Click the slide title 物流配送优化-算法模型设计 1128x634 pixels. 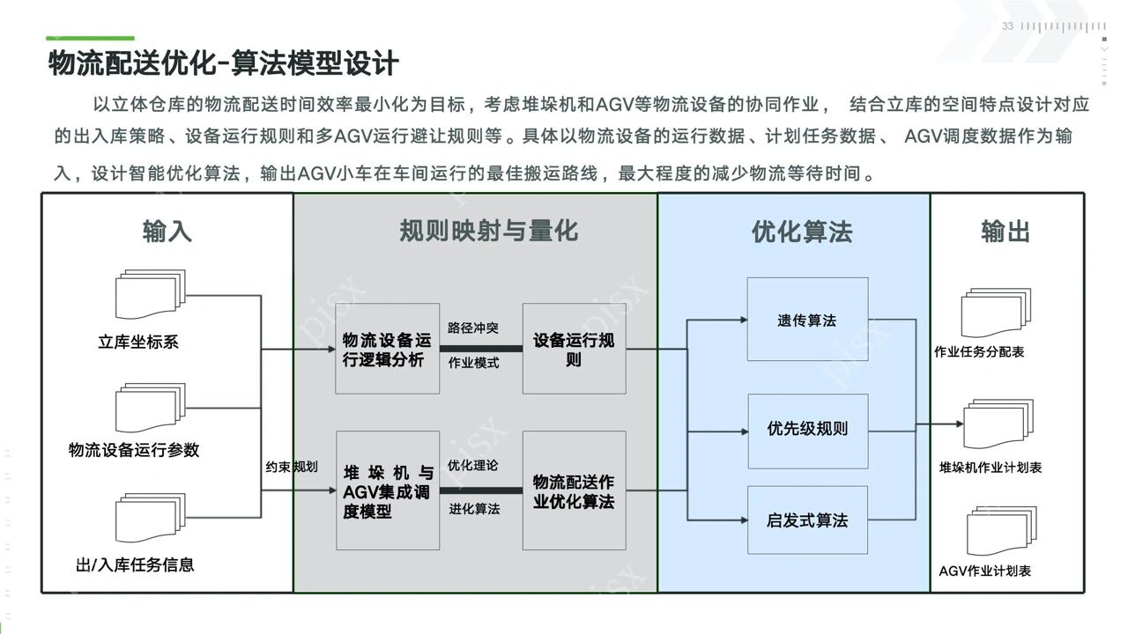point(223,63)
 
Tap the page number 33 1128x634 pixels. point(1007,26)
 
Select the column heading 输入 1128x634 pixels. point(167,232)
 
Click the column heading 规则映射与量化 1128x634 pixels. point(488,231)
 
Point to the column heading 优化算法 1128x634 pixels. point(801,232)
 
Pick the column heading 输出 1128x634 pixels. point(1006,232)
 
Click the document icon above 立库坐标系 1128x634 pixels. point(150,297)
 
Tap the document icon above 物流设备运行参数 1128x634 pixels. point(150,408)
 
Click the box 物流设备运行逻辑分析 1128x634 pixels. point(387,350)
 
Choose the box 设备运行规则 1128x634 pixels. point(574,350)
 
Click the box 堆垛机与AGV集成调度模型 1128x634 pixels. point(387,491)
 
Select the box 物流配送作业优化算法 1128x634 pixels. point(574,491)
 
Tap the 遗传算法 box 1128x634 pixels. point(807,320)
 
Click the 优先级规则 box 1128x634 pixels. point(807,430)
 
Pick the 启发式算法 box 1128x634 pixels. point(807,520)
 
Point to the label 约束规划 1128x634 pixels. point(292,467)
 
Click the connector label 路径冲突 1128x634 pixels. point(473,328)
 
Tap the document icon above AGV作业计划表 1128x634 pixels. point(1001,531)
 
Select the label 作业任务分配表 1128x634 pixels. point(979,352)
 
